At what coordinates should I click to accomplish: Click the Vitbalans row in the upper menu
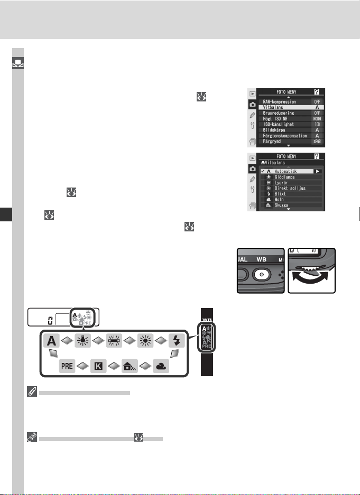280,107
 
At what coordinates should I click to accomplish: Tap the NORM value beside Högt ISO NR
317,118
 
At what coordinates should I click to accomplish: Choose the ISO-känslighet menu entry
284,124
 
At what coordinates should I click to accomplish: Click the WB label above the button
261,261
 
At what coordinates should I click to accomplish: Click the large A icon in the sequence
51,339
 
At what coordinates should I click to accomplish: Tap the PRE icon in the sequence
63,364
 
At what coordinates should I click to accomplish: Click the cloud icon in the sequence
160,364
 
